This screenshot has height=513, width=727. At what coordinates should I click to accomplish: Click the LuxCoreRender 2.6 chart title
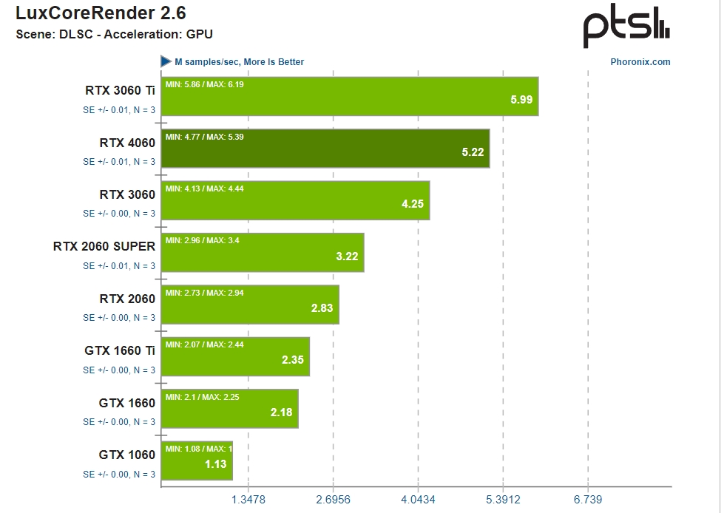tap(101, 13)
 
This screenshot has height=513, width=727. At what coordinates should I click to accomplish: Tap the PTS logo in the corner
tap(626, 29)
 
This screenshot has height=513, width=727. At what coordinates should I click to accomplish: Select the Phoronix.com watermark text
tap(640, 62)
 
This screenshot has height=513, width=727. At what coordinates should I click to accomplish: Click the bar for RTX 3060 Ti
tap(349, 97)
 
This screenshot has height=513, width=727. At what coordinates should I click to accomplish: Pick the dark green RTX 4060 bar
tap(325, 149)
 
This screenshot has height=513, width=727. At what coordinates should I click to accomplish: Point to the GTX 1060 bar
tap(197, 461)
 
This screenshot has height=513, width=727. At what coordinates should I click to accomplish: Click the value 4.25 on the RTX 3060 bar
tap(412, 204)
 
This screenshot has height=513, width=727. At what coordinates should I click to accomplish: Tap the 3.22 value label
tap(347, 256)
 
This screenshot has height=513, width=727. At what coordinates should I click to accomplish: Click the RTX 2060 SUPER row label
tap(104, 247)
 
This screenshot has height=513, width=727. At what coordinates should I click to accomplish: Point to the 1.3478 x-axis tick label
tap(248, 500)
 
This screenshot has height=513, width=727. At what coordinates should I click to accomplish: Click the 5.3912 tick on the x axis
tap(502, 500)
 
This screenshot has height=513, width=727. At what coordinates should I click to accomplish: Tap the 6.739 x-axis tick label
tap(587, 500)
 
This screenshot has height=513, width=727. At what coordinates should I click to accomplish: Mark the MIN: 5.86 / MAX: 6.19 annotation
tap(205, 84)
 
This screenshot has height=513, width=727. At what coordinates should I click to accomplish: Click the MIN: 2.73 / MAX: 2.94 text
tap(205, 293)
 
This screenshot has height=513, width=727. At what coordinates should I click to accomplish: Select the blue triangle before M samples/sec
tap(166, 61)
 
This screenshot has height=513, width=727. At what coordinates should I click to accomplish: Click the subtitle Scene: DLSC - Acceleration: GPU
tap(115, 34)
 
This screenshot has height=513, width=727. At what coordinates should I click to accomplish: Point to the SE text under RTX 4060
tap(118, 161)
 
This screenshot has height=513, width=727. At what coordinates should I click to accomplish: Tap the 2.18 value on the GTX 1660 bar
tap(281, 412)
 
